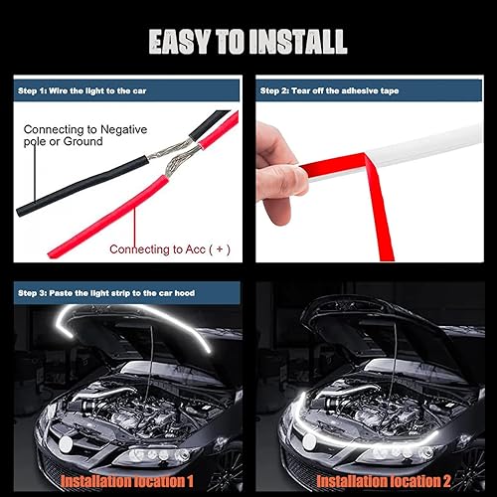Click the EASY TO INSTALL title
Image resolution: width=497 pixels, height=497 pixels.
(x=248, y=41)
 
